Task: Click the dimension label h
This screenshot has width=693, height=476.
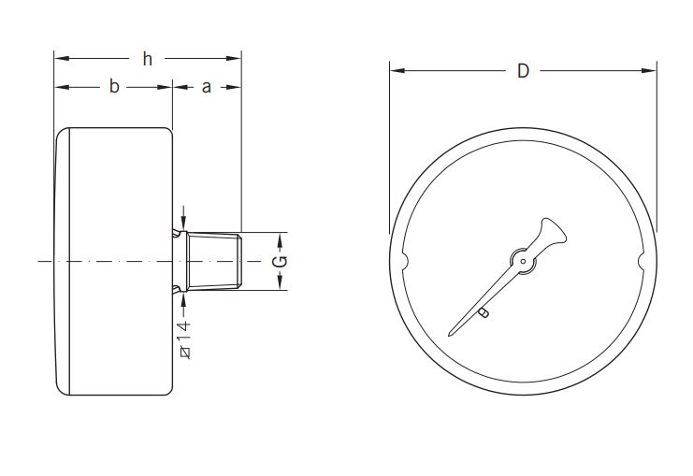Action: coord(147,60)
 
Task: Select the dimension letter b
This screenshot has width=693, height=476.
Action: coord(114,87)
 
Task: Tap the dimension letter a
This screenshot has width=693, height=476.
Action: coord(207,87)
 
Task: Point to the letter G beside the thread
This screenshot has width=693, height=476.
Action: coord(280,261)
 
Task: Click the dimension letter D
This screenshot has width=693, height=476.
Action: coord(524,71)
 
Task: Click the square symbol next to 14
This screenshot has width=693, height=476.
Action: coord(183,352)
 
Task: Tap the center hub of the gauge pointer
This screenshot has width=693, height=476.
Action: coord(523,261)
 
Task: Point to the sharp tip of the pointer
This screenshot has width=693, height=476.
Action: coord(452,332)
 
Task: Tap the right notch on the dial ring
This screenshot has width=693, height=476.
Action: coord(642,261)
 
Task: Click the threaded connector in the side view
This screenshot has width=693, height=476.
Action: coord(214,261)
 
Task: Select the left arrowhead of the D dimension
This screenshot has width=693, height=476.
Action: coord(396,71)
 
